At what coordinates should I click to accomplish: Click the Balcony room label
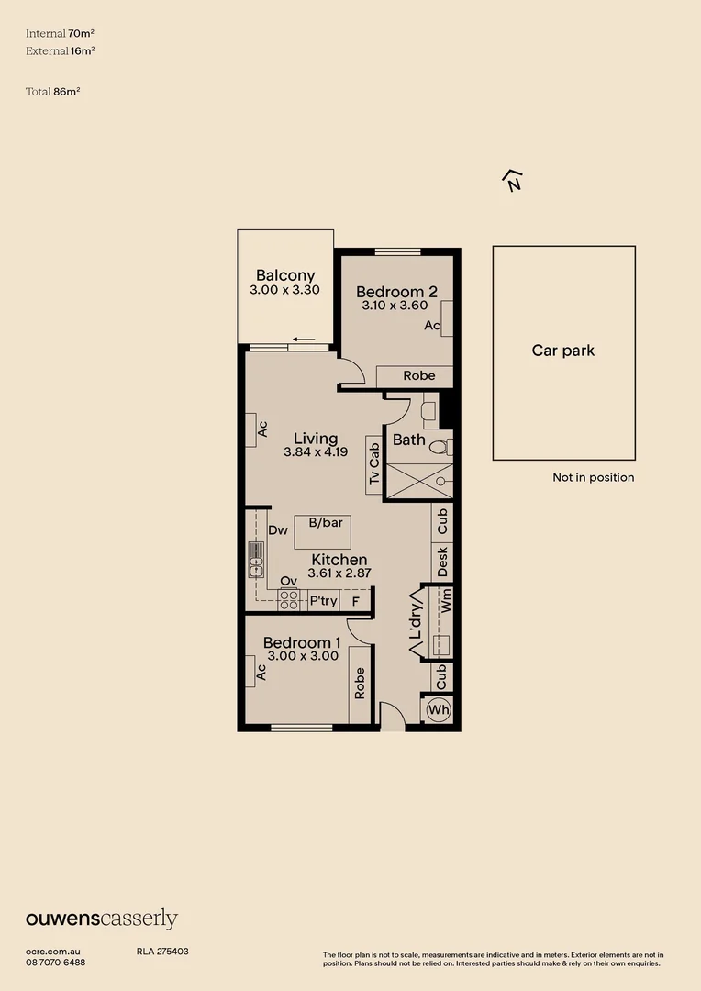285,275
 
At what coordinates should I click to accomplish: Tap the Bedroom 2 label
396,292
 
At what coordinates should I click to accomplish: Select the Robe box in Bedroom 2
418,376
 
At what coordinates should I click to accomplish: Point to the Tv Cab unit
373,465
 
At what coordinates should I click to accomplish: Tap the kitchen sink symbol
256,561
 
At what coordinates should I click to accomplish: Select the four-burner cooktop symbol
289,600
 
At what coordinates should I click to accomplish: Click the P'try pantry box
323,601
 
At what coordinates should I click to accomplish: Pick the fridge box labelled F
355,601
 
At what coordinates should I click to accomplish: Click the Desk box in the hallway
443,562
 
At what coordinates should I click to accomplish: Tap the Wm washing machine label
447,602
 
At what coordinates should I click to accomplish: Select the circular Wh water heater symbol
439,709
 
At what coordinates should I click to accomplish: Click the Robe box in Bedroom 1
360,683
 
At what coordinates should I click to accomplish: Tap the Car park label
563,351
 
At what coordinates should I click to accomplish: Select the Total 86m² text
54,92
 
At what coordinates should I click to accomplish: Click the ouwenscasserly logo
101,919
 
